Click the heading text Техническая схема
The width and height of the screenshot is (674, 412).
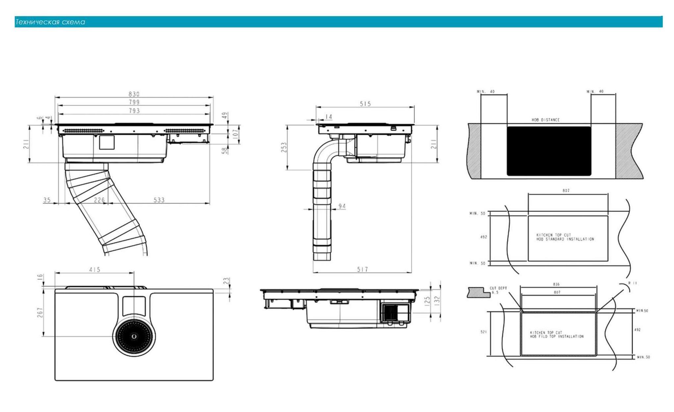tap(50, 22)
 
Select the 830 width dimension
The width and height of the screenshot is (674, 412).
tap(134, 94)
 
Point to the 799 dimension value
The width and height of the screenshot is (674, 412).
tap(134, 102)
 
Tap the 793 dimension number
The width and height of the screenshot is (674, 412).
tap(134, 111)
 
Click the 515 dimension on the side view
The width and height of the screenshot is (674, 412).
tap(365, 104)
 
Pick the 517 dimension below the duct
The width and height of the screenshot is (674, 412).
tap(362, 269)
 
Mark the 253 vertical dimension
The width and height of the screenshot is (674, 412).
tap(284, 147)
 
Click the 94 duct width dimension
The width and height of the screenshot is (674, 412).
tap(342, 206)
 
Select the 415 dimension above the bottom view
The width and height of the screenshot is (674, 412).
tap(95, 270)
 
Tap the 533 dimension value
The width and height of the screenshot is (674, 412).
tap(159, 200)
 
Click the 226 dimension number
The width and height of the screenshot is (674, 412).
tap(99, 200)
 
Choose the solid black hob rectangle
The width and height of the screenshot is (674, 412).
tap(549, 151)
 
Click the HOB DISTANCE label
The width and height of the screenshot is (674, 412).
tap(545, 120)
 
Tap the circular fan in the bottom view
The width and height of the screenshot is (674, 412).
tap(134, 336)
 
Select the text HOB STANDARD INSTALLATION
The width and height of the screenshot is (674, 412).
tap(565, 239)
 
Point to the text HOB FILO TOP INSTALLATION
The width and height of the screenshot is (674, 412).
tap(557, 337)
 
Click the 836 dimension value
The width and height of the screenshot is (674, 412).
tap(556, 284)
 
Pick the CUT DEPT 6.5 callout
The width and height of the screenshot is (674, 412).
tap(498, 290)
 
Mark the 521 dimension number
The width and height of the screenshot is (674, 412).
tap(483, 332)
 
